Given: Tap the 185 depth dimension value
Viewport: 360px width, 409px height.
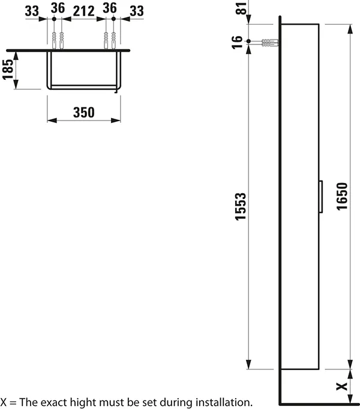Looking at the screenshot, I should (8, 70).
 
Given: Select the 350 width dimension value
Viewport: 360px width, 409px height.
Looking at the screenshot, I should (84, 112).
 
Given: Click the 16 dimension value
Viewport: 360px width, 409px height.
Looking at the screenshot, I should (238, 42).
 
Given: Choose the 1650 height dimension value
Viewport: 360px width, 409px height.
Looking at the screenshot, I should (341, 195).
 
